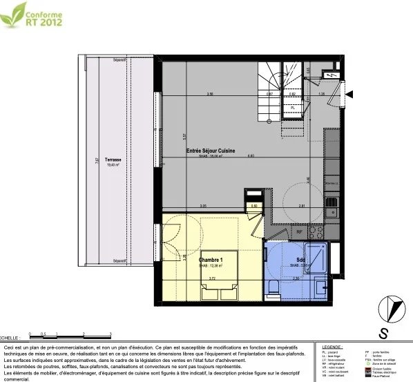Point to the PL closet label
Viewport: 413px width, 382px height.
click(293, 108)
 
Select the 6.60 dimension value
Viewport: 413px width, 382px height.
click(251, 156)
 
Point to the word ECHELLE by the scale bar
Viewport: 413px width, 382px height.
click(10, 332)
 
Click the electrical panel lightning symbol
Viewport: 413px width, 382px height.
click(334, 74)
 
